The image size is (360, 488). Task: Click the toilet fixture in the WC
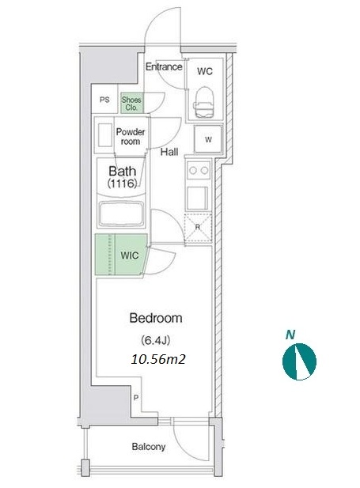click(x=205, y=102)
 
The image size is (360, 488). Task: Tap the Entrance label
click(x=164, y=66)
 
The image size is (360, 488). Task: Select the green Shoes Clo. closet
click(x=131, y=104)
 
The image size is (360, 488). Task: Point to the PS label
click(x=104, y=100)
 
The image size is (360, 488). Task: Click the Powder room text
click(x=131, y=137)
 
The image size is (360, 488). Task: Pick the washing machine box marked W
click(x=208, y=139)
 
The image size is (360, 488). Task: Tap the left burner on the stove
click(x=193, y=170)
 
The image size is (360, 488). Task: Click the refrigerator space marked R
click(x=198, y=227)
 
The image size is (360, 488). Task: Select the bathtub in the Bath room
click(x=121, y=214)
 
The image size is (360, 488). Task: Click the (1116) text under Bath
click(x=123, y=183)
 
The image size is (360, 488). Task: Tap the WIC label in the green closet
click(x=130, y=255)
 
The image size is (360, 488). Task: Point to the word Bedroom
click(x=156, y=318)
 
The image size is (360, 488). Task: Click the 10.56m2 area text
click(x=158, y=359)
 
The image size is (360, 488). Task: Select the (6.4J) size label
click(x=156, y=340)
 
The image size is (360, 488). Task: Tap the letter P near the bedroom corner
click(x=136, y=397)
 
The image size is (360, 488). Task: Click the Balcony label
click(x=149, y=447)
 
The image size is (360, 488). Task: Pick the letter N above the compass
click(x=290, y=335)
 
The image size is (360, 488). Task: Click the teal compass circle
click(x=299, y=361)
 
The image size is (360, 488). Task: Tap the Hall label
click(x=169, y=152)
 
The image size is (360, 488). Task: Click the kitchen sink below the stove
click(x=198, y=198)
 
